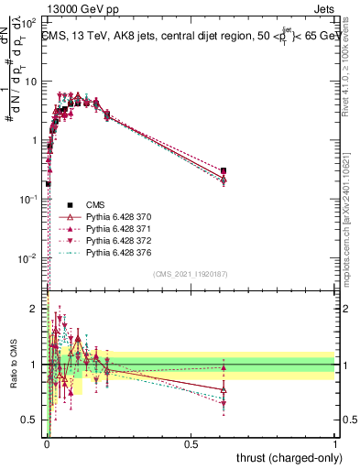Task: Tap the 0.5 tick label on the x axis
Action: pyautogui.click(x=191, y=443)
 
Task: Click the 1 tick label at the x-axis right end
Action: pyautogui.click(x=335, y=443)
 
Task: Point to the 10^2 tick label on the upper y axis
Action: pyautogui.click(x=31, y=21)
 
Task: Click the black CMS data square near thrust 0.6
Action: pyautogui.click(x=224, y=170)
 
